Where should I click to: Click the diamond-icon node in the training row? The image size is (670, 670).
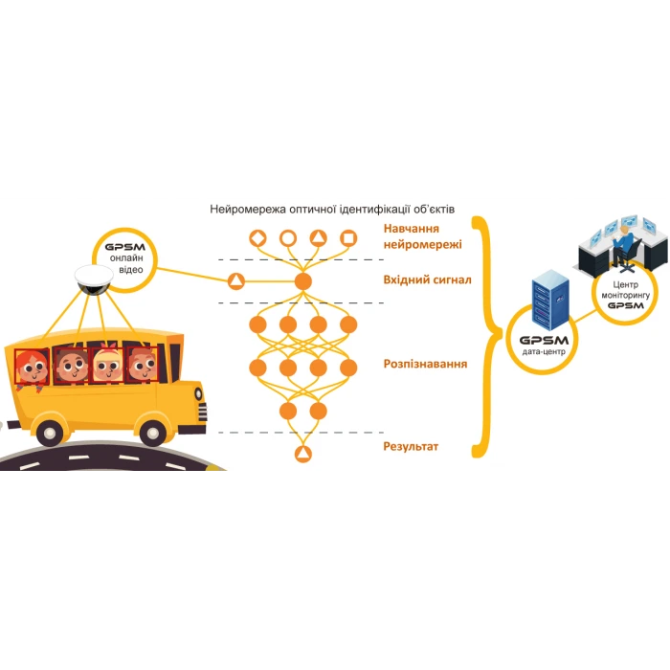point(257,238)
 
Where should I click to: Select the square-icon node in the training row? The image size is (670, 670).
point(348,238)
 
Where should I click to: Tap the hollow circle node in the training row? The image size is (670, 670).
point(288,238)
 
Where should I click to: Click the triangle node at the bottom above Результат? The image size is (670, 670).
point(303,453)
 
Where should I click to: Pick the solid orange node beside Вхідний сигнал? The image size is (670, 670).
point(303,280)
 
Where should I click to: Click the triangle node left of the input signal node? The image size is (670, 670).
point(235,280)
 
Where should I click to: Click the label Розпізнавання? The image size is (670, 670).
point(424,366)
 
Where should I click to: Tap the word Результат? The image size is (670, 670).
point(411,446)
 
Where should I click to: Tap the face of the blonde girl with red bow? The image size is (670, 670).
point(105,364)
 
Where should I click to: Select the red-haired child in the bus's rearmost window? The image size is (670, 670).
point(33,365)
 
